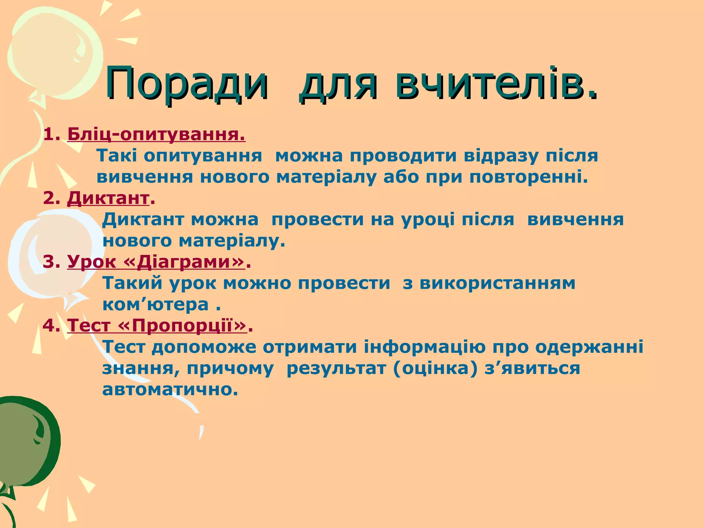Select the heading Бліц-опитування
coord(156,134)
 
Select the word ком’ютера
coord(156,305)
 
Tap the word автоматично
coord(170,389)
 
